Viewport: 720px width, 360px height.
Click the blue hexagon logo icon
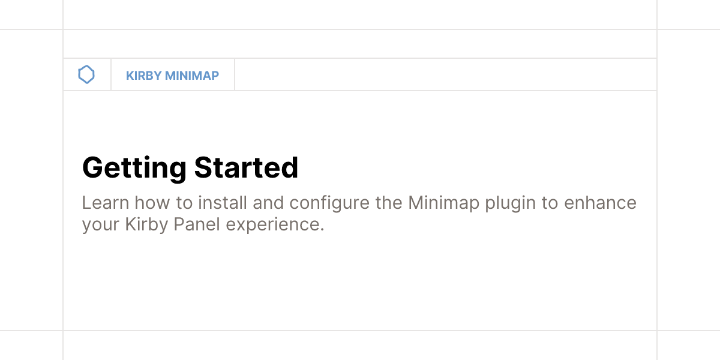pyautogui.click(x=87, y=75)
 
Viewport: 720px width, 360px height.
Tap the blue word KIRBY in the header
pyautogui.click(x=142, y=76)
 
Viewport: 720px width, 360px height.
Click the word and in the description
pyautogui.click(x=268, y=203)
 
